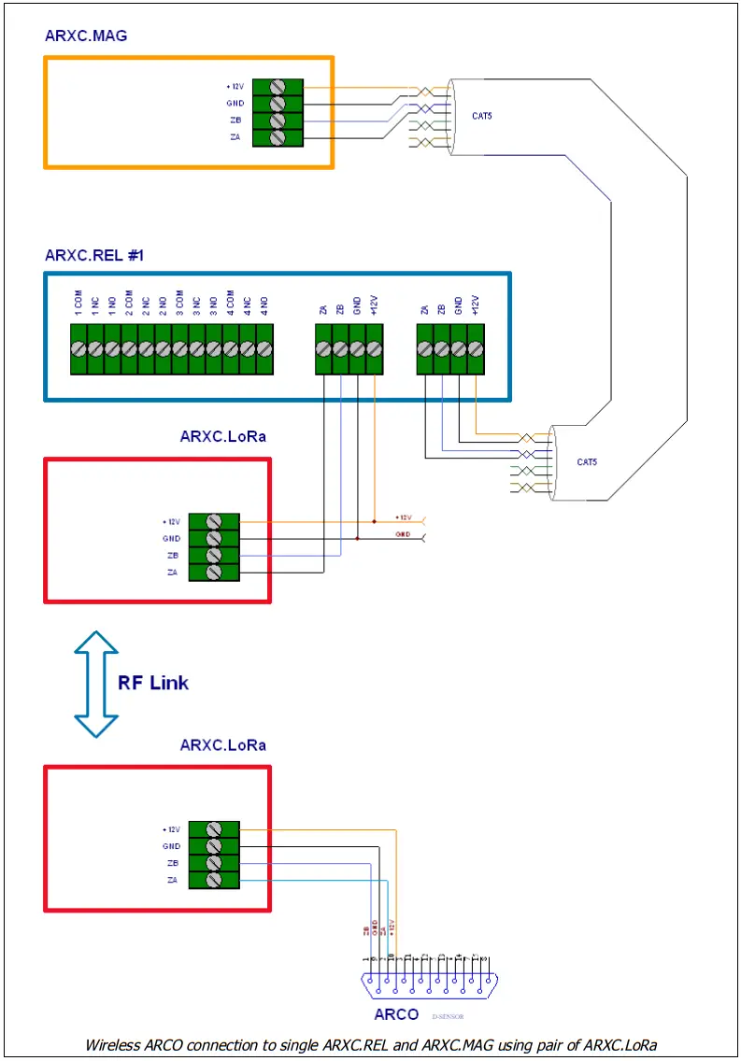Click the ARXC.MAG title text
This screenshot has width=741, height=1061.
pyautogui.click(x=86, y=36)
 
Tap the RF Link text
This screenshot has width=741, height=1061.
pyautogui.click(x=152, y=682)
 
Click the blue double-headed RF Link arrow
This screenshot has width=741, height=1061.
pyautogui.click(x=96, y=684)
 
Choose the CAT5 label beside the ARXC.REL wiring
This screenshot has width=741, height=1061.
pyautogui.click(x=587, y=462)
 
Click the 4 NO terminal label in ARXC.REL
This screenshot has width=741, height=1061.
pyautogui.click(x=264, y=304)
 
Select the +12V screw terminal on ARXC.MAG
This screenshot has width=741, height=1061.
pyautogui.click(x=278, y=88)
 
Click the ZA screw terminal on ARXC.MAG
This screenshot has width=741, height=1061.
pyautogui.click(x=278, y=137)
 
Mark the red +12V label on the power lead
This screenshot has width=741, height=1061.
pyautogui.click(x=404, y=516)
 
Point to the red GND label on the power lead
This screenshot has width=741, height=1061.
pyautogui.click(x=403, y=534)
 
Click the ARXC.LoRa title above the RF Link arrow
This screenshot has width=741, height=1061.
pyautogui.click(x=222, y=436)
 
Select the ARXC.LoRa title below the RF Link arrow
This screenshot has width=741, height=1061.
pyautogui.click(x=222, y=744)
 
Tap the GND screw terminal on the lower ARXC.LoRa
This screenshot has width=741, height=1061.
pyautogui.click(x=213, y=846)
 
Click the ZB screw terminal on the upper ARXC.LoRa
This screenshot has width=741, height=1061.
pyautogui.click(x=213, y=555)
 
